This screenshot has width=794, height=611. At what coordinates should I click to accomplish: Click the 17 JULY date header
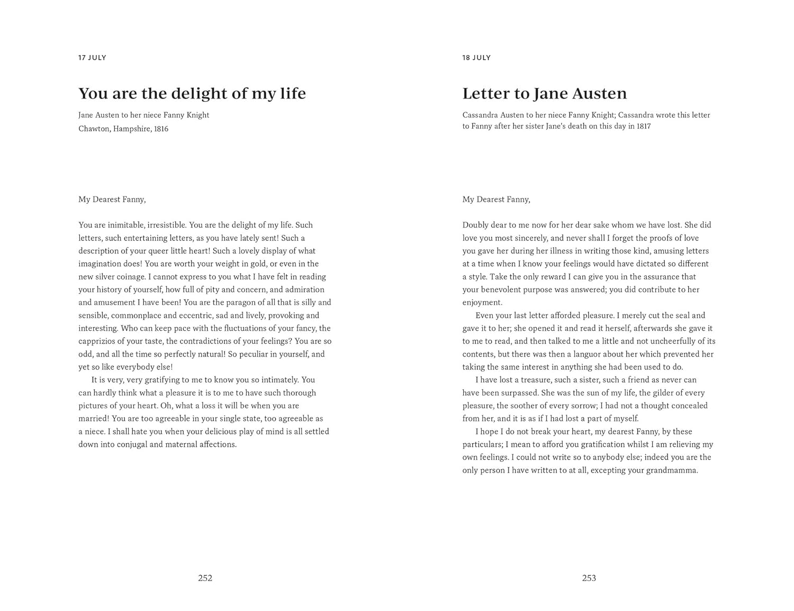[x=92, y=58]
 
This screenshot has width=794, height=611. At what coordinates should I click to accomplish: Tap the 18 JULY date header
[x=476, y=58]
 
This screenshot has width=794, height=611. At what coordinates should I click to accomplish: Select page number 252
[x=205, y=578]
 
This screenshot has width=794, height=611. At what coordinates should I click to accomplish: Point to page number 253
[x=589, y=578]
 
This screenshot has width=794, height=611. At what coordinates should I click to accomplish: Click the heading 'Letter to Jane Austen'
[x=544, y=94]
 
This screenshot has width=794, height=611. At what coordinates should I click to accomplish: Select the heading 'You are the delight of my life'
[x=192, y=94]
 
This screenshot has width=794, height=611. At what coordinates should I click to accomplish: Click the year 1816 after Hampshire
[x=161, y=129]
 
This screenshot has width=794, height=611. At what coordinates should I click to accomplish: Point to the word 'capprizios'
[x=98, y=341]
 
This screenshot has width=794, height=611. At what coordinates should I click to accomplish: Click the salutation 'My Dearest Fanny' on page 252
[x=112, y=200]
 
